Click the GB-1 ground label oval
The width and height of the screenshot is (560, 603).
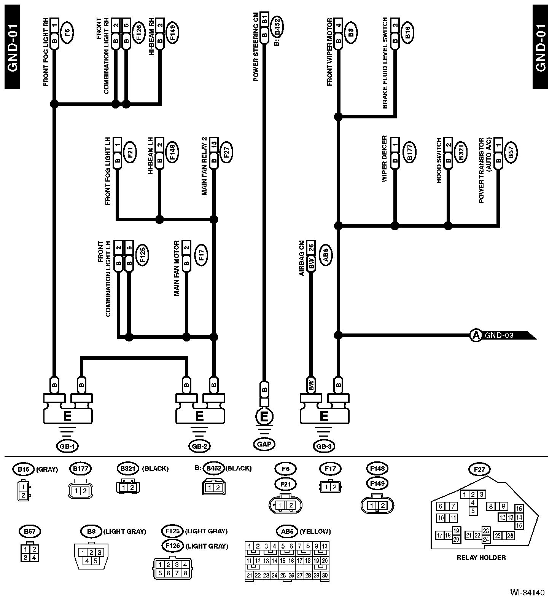pos(67,446)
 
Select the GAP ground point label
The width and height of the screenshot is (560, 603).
pos(264,444)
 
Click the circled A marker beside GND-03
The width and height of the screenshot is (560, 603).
pos(475,335)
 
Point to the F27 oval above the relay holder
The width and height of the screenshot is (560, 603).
pos(480,469)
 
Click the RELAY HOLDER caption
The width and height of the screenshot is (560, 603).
pos(481,558)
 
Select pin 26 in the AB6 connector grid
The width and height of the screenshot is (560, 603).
pos(291,575)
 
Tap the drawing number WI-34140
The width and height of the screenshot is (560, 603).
pos(527,593)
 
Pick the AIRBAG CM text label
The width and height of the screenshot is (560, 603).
pos(302,258)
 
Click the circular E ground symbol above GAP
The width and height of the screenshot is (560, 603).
pos(264,416)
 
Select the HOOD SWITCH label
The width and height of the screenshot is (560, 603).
pos(439,161)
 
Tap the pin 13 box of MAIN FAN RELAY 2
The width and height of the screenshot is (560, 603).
pos(214,144)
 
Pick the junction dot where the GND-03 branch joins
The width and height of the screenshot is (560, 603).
pos(338,335)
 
